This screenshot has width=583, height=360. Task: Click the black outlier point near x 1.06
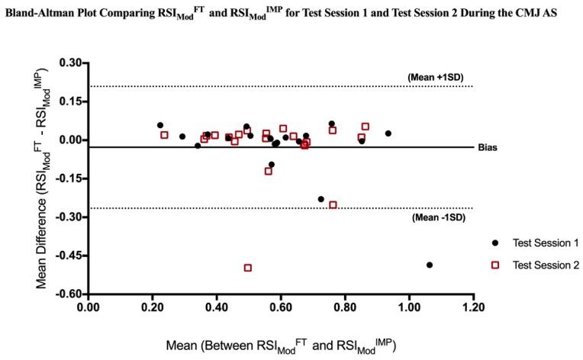(430, 265)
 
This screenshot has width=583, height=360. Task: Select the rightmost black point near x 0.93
(388, 133)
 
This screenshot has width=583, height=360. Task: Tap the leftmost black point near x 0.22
(160, 125)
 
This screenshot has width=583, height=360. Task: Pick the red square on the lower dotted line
(333, 204)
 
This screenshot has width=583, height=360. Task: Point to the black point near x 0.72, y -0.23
(321, 199)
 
